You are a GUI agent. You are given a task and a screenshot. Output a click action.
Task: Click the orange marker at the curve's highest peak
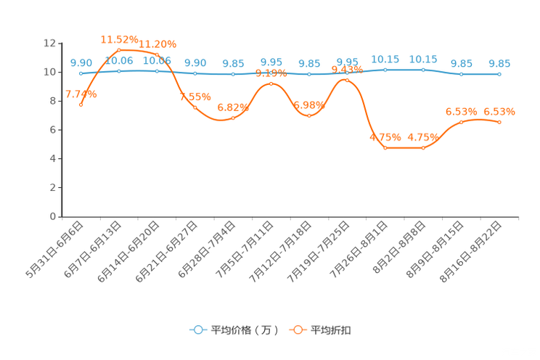coord(119,49)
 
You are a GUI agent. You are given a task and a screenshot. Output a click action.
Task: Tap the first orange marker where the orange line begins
coord(81,105)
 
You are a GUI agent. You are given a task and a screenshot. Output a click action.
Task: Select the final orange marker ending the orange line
coord(499,123)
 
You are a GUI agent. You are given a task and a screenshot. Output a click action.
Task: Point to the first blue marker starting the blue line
coord(81,73)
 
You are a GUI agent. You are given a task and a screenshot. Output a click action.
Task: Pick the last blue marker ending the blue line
coord(499,73)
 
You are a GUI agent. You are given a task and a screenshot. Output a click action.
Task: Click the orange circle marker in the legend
coord(298,330)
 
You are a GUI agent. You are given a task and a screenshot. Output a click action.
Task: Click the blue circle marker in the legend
coord(198,330)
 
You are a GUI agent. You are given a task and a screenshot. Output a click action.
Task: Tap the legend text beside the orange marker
coord(332,330)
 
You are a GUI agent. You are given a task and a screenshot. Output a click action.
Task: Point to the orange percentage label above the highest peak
coord(119,38)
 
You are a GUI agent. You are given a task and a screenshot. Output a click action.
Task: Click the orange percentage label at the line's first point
coord(81,94)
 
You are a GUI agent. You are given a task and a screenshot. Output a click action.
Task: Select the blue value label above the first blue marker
coord(81,62)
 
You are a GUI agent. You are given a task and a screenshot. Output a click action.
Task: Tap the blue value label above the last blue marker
coord(499,63)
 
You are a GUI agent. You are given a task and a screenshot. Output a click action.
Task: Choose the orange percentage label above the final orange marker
coord(499,111)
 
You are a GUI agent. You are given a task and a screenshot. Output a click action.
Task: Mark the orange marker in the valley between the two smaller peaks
coord(309,115)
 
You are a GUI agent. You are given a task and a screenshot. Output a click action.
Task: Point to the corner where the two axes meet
coord(60,216)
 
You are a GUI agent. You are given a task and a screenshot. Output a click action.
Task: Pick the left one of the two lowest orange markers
coord(385,148)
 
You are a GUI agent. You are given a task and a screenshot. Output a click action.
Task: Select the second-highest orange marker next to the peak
coord(157,54)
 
